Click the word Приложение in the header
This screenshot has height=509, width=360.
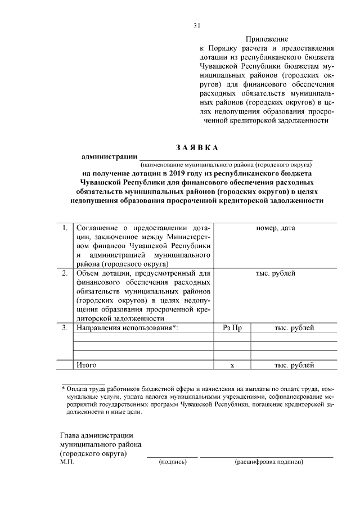click(267, 39)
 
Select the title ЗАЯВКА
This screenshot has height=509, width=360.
click(196, 148)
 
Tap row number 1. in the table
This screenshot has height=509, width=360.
click(65, 228)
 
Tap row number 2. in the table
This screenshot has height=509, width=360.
click(65, 274)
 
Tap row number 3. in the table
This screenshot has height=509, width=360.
click(65, 328)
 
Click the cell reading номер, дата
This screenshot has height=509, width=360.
click(276, 228)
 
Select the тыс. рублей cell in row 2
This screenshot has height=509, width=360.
click(276, 274)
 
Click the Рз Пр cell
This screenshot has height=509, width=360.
click(232, 328)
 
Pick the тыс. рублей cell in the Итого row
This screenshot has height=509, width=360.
click(294, 365)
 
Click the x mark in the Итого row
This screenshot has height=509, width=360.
click(232, 366)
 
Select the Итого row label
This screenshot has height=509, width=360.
click(86, 365)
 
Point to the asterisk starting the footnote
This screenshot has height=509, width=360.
click(63, 389)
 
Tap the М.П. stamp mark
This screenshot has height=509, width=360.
click(67, 462)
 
